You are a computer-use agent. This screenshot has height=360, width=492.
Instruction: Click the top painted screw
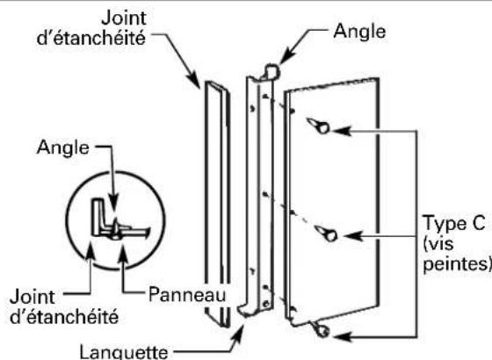pyautogui.click(x=322, y=127)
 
